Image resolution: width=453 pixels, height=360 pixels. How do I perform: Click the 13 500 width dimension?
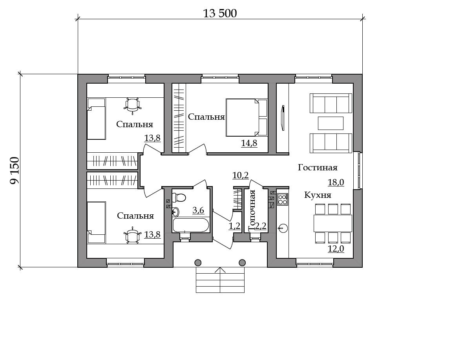tap(220, 14)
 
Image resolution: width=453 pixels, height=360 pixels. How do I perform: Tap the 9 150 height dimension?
tap(14, 170)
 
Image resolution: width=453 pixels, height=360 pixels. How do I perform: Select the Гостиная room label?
tap(318, 168)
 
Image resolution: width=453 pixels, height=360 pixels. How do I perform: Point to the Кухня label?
tap(318, 195)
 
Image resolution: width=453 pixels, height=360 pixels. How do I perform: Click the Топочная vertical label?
tap(252, 210)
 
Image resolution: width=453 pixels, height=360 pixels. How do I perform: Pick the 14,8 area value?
tap(249, 143)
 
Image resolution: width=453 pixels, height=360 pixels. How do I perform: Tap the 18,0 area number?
tap(336, 182)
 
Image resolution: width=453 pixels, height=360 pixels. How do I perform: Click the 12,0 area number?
tap(336, 249)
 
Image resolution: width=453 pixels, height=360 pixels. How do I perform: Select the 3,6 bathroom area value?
tap(198, 210)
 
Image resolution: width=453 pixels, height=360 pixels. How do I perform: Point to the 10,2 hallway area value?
tap(240, 175)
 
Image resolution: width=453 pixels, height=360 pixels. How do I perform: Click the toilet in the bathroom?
tap(179, 198)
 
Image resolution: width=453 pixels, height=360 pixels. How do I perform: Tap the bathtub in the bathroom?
tap(190, 225)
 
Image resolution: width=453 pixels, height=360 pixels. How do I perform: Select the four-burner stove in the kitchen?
tap(283, 199)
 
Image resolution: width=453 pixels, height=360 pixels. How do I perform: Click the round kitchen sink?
tap(283, 228)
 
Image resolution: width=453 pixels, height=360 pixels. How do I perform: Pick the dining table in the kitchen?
tap(333, 223)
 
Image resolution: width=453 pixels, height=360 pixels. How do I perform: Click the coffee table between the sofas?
tap(331, 123)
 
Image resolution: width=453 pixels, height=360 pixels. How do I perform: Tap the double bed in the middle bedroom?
tap(247, 117)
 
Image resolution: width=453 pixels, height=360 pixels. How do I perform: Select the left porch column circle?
tap(198, 263)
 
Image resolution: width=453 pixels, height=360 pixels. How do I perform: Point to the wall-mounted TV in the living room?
tap(283, 118)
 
